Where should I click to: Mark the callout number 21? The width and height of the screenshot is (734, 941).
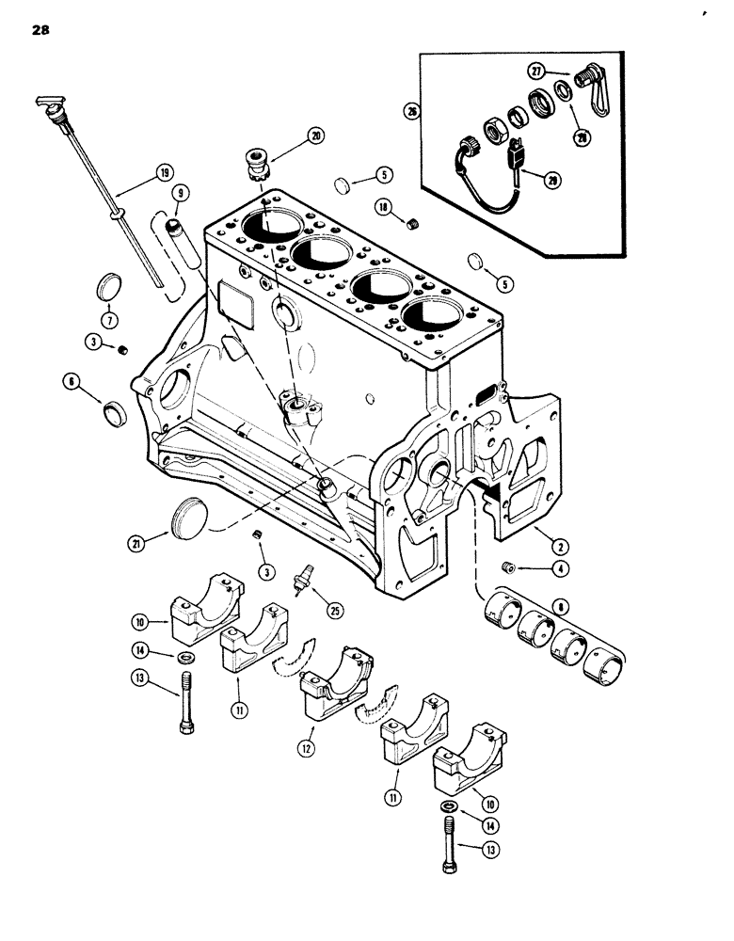pos(138,542)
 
